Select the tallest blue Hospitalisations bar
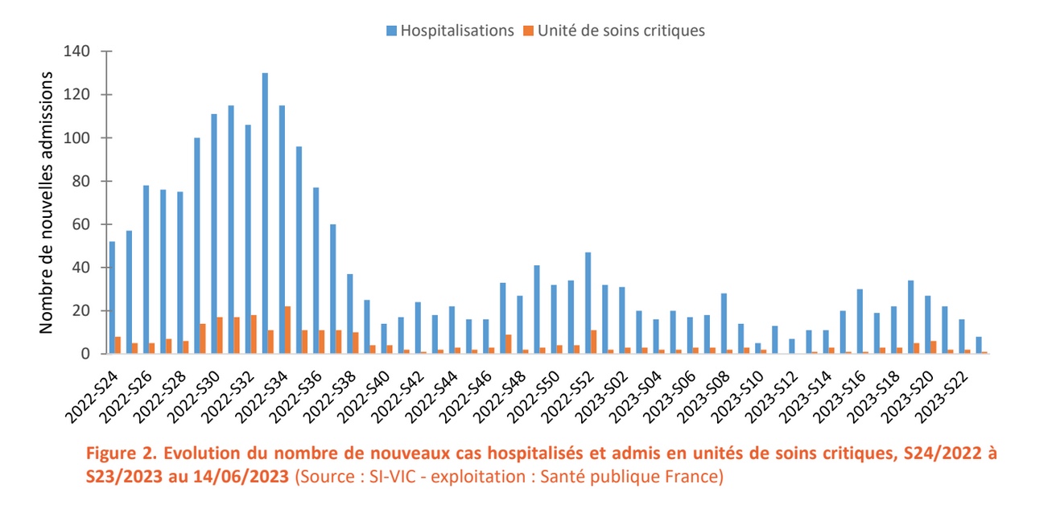[x=265, y=213]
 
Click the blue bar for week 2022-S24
[x=112, y=298]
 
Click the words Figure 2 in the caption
[x=115, y=453]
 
